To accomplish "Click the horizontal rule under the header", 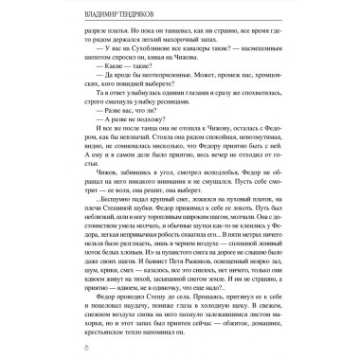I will (x=180, y=27).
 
